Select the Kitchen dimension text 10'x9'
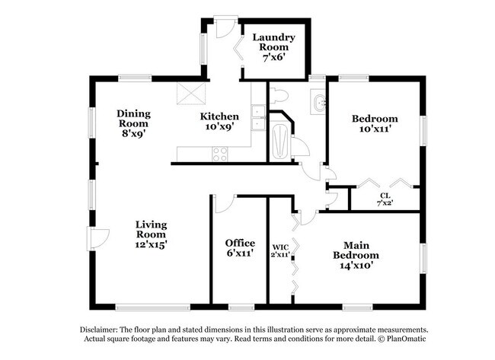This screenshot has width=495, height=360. [219, 128]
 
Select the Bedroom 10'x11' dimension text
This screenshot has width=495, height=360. [374, 129]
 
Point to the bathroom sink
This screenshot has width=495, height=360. [318, 102]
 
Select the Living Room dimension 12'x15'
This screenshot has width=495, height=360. [151, 244]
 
